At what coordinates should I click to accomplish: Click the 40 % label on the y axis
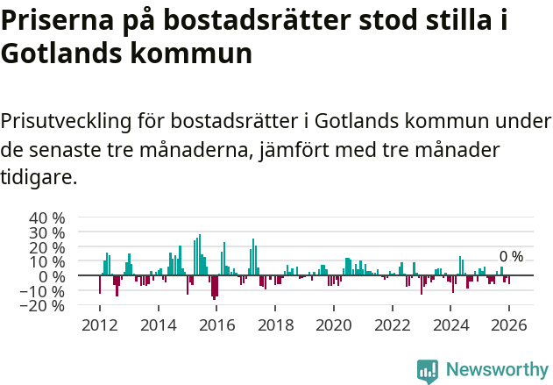pyautogui.click(x=47, y=217)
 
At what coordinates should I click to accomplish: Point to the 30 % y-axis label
pyautogui.click(x=47, y=232)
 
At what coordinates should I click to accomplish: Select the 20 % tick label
pyautogui.click(x=47, y=247)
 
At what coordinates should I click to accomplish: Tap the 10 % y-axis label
pyautogui.click(x=47, y=262)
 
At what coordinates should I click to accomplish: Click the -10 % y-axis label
pyautogui.click(x=45, y=291)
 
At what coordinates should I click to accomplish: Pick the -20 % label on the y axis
pyautogui.click(x=45, y=306)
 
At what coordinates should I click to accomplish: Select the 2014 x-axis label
pyautogui.click(x=158, y=324)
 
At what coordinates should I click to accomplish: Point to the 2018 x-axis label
pyautogui.click(x=275, y=324)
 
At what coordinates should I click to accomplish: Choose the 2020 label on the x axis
pyautogui.click(x=334, y=324)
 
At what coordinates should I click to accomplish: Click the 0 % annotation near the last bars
pyautogui.click(x=511, y=257)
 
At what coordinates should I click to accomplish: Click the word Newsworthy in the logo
pyautogui.click(x=497, y=370)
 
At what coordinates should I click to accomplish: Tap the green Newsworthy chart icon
pyautogui.click(x=428, y=371)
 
